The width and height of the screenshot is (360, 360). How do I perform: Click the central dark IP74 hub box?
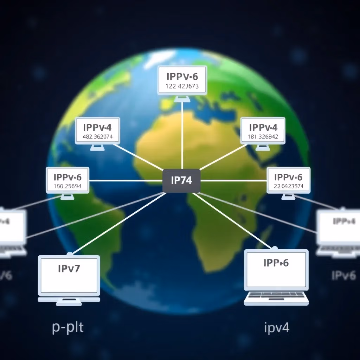point(181,181)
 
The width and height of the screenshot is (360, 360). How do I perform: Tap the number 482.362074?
point(97,137)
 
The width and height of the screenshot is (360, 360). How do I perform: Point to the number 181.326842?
point(263,137)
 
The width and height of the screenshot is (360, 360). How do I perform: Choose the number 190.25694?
point(67,186)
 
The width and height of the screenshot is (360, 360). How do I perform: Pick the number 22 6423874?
point(288,186)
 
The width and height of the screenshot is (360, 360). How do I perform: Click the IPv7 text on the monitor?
point(69,269)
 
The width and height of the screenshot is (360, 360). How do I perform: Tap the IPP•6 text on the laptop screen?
point(276,263)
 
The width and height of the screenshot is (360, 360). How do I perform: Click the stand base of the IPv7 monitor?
point(69,300)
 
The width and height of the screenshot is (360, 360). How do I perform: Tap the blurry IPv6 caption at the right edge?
point(343,275)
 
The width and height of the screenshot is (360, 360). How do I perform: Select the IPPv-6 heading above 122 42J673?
point(182,76)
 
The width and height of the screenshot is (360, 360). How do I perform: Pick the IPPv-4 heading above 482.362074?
point(97,127)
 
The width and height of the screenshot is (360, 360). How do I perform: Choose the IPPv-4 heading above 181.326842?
point(263,127)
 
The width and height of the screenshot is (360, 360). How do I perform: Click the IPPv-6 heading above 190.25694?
point(67,177)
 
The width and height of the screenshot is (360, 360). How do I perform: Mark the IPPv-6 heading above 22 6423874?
point(288,177)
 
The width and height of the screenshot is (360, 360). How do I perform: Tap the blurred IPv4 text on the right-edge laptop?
point(344,221)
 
